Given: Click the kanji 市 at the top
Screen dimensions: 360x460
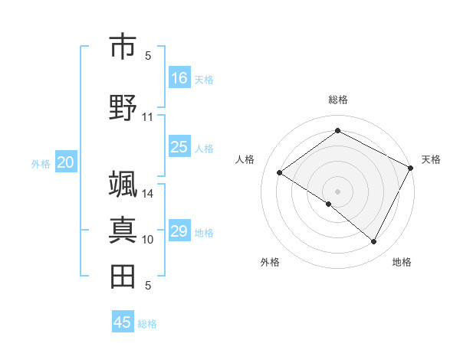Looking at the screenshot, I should pyautogui.click(x=123, y=47).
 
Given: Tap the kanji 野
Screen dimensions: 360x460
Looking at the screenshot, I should pyautogui.click(x=123, y=108).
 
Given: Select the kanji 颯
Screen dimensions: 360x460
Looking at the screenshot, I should pyautogui.click(x=123, y=186).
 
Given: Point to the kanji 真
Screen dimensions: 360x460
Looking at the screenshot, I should pyautogui.click(x=123, y=230).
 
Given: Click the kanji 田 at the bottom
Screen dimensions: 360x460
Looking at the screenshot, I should pyautogui.click(x=123, y=277).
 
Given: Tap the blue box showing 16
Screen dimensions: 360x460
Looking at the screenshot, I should pyautogui.click(x=179, y=78).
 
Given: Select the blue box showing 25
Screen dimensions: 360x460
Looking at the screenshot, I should pyautogui.click(x=179, y=147).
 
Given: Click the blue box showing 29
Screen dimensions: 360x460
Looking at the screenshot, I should pyautogui.click(x=179, y=231).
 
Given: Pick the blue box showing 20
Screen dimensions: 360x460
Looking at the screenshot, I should pyautogui.click(x=66, y=162).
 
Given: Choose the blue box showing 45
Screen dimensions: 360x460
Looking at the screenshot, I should pyautogui.click(x=123, y=322).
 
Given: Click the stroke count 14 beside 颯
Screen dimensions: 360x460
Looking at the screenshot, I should pyautogui.click(x=148, y=194).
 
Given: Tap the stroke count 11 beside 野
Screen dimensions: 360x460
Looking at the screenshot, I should pyautogui.click(x=148, y=116).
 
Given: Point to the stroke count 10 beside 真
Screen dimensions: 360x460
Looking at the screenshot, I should pyautogui.click(x=148, y=239).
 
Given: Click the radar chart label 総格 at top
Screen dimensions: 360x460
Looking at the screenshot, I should pyautogui.click(x=337, y=100).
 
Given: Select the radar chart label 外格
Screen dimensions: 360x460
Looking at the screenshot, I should pyautogui.click(x=270, y=262).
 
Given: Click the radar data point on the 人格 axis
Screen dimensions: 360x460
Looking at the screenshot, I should pyautogui.click(x=280, y=172).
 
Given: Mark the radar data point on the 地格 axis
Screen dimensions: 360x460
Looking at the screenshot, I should pyautogui.click(x=374, y=242).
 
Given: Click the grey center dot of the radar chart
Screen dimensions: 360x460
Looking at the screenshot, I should pyautogui.click(x=337, y=191).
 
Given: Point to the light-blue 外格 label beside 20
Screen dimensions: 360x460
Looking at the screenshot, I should pyautogui.click(x=41, y=163).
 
